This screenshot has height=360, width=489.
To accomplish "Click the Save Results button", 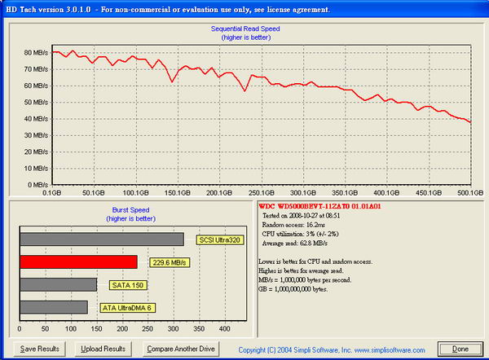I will (40, 349).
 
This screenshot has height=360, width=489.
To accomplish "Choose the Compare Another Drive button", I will (181, 349).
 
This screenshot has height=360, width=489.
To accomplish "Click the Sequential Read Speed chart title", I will (245, 28).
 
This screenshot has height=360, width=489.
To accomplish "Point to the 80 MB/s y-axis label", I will (35, 53).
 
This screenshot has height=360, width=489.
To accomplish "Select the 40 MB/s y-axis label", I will (35, 119).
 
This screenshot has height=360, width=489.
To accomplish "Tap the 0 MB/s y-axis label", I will (37, 185).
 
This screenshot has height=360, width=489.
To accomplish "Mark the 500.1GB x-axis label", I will (469, 194).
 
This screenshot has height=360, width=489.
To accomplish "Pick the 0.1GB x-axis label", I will (53, 194).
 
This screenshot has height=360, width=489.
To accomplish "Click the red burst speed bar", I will (78, 262).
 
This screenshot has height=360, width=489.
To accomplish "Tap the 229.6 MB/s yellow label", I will (168, 262).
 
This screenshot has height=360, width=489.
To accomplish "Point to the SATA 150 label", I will (123, 285).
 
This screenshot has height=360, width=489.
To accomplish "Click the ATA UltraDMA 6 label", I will (129, 308).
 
